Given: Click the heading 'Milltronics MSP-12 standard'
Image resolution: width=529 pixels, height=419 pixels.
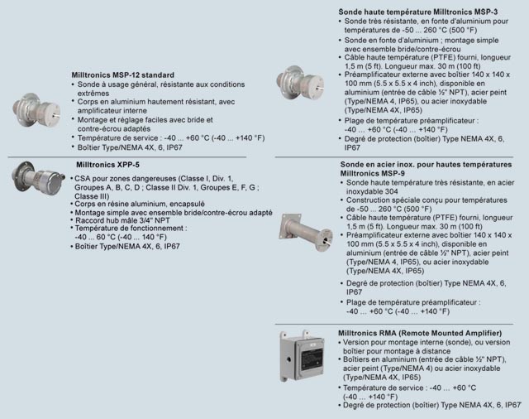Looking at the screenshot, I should [x=122, y=75].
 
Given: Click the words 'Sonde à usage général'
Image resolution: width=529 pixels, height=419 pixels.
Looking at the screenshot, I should [x=112, y=84].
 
